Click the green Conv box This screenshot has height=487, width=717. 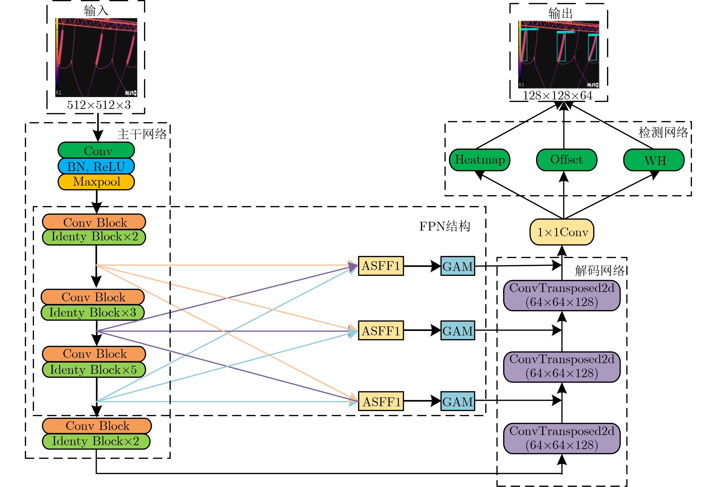click(96, 150)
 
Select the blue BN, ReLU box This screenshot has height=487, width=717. click(96, 166)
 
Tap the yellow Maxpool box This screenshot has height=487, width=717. click(96, 182)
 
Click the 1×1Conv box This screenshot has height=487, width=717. click(562, 232)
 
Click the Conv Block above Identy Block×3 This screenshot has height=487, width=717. click(93, 297)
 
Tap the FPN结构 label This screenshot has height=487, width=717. click(445, 226)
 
